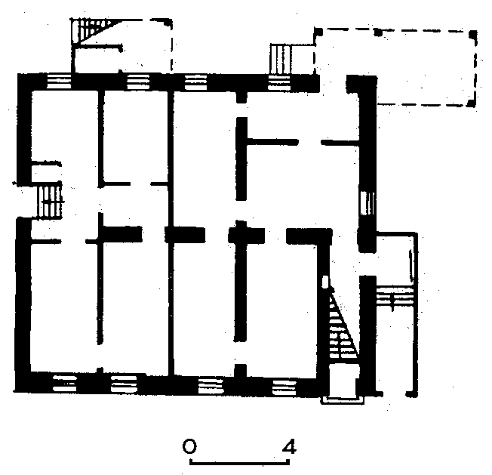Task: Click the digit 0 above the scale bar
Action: (x=189, y=446)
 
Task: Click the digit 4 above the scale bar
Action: (x=289, y=446)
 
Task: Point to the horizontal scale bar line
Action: (x=239, y=462)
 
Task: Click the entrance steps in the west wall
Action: (x=50, y=201)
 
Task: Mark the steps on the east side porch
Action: (x=395, y=297)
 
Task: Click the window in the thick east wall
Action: (x=367, y=203)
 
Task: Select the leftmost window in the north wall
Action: (x=59, y=82)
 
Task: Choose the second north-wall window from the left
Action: (x=138, y=82)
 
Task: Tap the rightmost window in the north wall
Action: (x=279, y=83)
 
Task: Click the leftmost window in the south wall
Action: (x=65, y=384)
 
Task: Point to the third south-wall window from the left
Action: (x=211, y=386)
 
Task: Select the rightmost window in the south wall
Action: (x=284, y=387)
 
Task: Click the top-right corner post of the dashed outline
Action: (x=473, y=35)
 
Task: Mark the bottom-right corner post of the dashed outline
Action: (x=472, y=103)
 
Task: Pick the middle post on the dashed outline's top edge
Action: (x=378, y=32)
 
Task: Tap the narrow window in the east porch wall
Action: (x=412, y=263)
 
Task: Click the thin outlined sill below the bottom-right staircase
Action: (x=342, y=400)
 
